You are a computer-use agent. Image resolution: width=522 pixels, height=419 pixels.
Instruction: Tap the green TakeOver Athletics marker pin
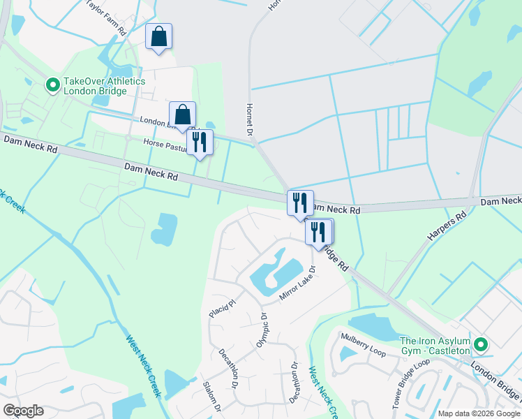coord(52,85)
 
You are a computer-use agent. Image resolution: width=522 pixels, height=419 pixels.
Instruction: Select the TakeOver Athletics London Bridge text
coord(104,86)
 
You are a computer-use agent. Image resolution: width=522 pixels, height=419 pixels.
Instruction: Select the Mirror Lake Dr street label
coord(298,283)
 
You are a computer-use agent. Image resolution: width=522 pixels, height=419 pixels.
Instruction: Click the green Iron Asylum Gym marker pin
coord(480,344)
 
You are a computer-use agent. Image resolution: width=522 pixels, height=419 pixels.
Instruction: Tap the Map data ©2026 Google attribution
coord(479,413)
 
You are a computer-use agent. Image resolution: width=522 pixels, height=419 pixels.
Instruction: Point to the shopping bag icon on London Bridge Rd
coord(182,115)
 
